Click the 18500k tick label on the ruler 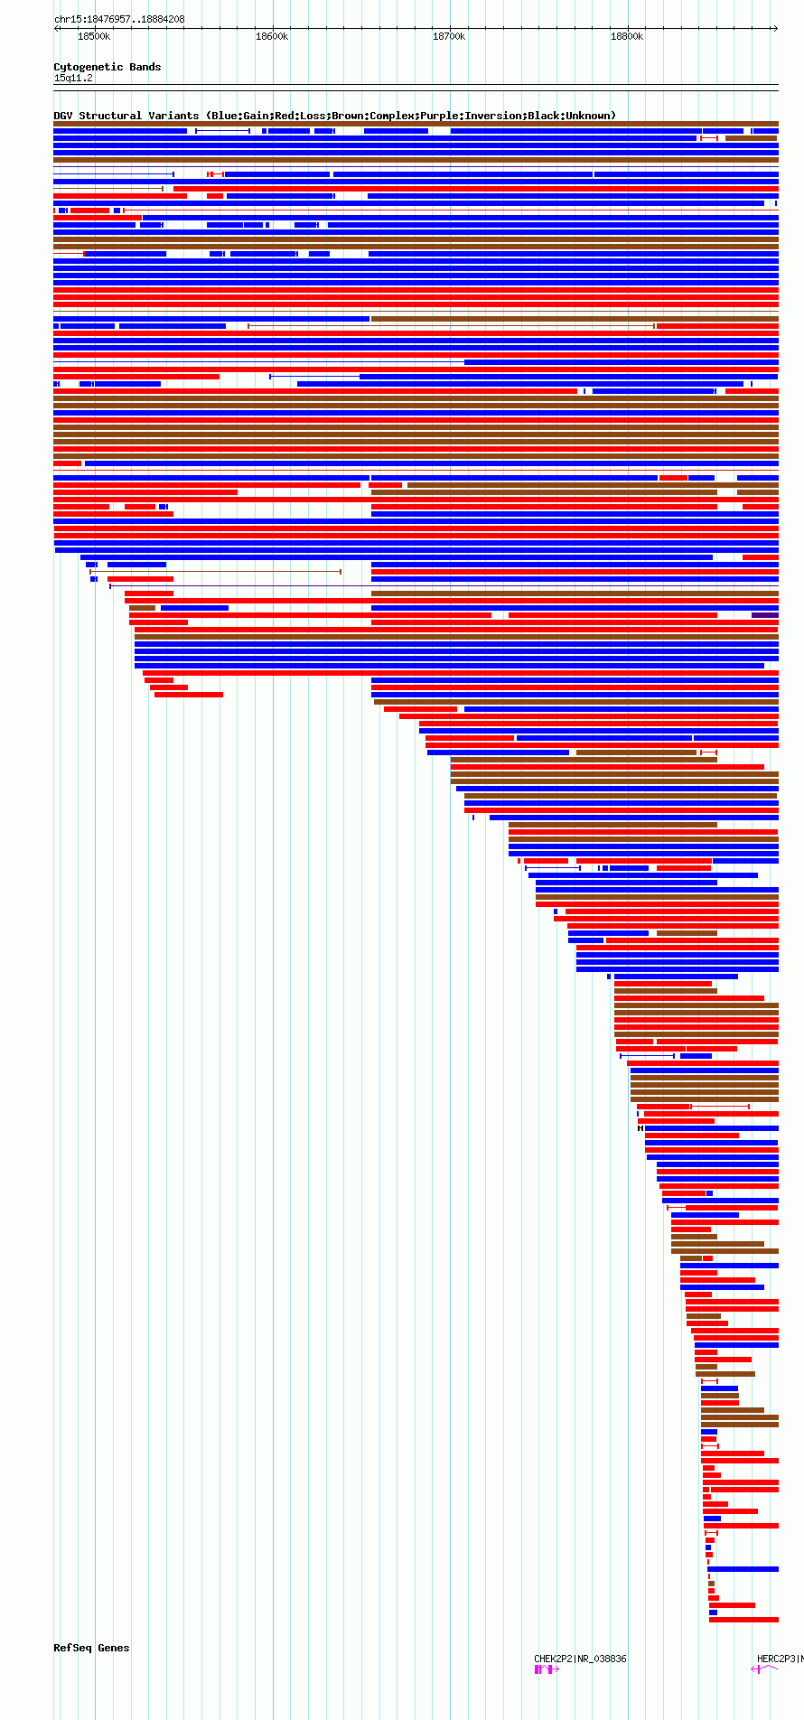pyautogui.click(x=94, y=37)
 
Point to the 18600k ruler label pyautogui.click(x=272, y=37)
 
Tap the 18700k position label pyautogui.click(x=449, y=37)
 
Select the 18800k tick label pyautogui.click(x=627, y=37)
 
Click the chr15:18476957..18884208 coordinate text pyautogui.click(x=119, y=19)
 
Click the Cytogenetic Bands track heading pyautogui.click(x=107, y=67)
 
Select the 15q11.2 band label pyautogui.click(x=73, y=79)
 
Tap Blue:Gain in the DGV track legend pyautogui.click(x=240, y=116)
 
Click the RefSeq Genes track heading pyautogui.click(x=91, y=1648)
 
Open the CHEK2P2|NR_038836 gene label pyautogui.click(x=580, y=1659)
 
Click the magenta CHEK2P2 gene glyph pyautogui.click(x=546, y=1669)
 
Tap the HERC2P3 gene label pyautogui.click(x=777, y=1659)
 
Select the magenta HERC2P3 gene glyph pyautogui.click(x=764, y=1669)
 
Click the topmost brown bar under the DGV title pyautogui.click(x=416, y=124)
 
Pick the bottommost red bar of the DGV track pyautogui.click(x=743, y=1620)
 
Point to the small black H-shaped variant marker pyautogui.click(x=640, y=1128)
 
